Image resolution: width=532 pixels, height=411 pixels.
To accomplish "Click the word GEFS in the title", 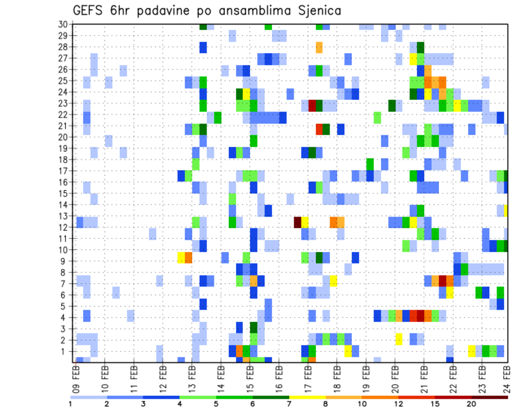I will [x=89, y=11].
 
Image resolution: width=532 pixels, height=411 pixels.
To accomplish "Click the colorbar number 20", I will [x=471, y=404].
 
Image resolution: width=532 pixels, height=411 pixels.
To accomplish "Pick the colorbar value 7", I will [x=289, y=404].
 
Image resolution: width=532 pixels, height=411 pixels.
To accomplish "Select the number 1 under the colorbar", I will [x=70, y=404].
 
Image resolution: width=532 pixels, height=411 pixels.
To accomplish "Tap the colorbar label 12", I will [x=398, y=404].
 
